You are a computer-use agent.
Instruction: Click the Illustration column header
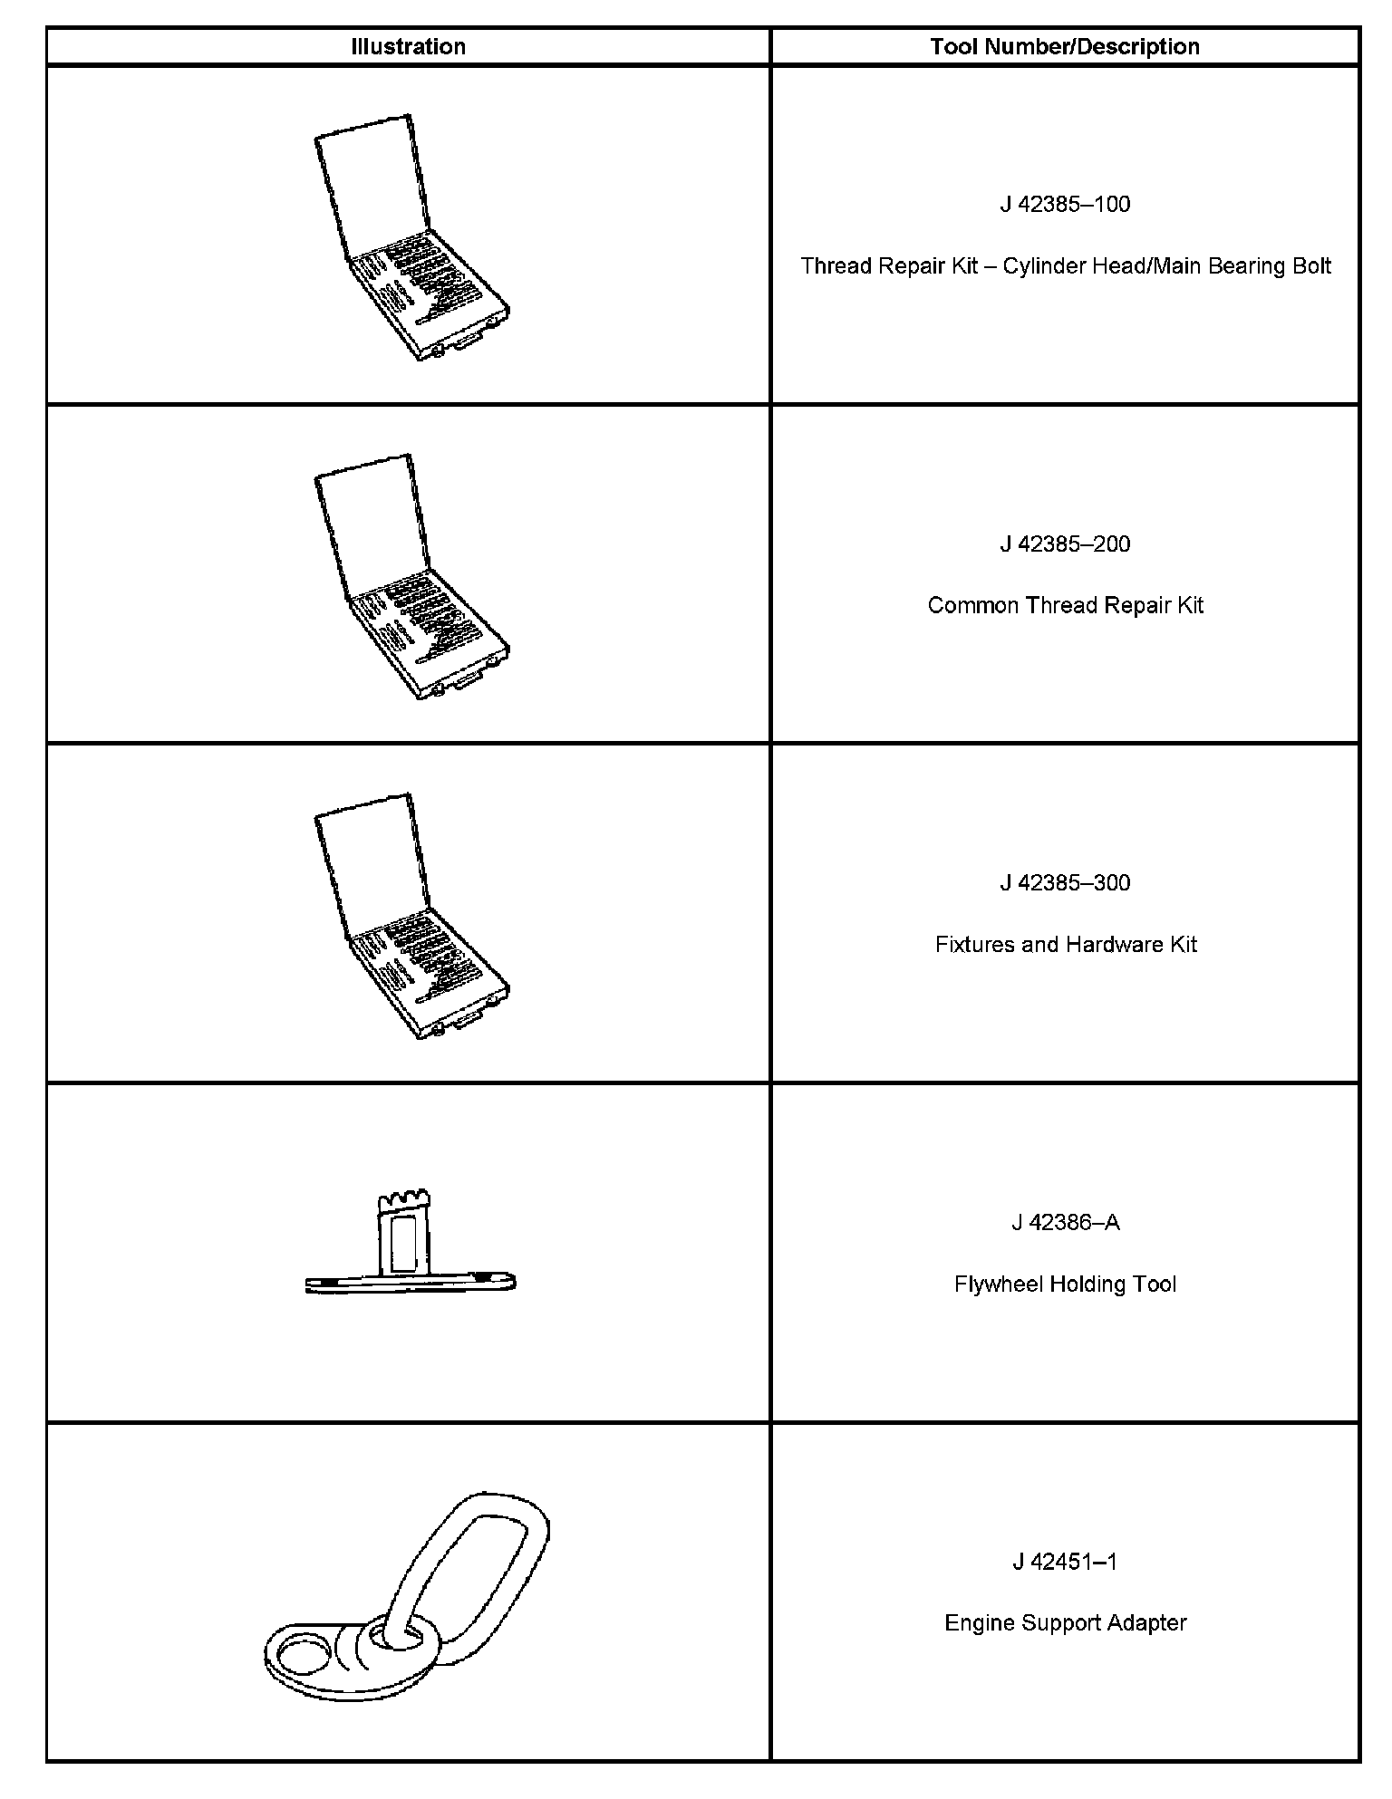pos(408,47)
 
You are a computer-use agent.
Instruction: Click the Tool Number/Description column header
pos(1065,47)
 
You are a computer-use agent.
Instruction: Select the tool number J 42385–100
pos(1065,205)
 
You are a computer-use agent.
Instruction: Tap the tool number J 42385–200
pos(1065,544)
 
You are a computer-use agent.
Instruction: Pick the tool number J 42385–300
pos(1065,883)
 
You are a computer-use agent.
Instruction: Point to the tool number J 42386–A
pos(1065,1223)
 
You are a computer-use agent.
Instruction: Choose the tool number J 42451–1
pos(1065,1562)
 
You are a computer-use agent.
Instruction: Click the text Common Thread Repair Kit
pos(1065,606)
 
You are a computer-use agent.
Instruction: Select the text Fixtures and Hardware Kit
pos(1066,945)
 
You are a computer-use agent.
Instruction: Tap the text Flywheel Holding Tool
pos(1065,1284)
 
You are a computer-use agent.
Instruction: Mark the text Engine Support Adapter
pos(1065,1623)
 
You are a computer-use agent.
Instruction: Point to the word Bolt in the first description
pos(1310,266)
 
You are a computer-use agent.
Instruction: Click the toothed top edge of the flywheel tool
pos(403,1202)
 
